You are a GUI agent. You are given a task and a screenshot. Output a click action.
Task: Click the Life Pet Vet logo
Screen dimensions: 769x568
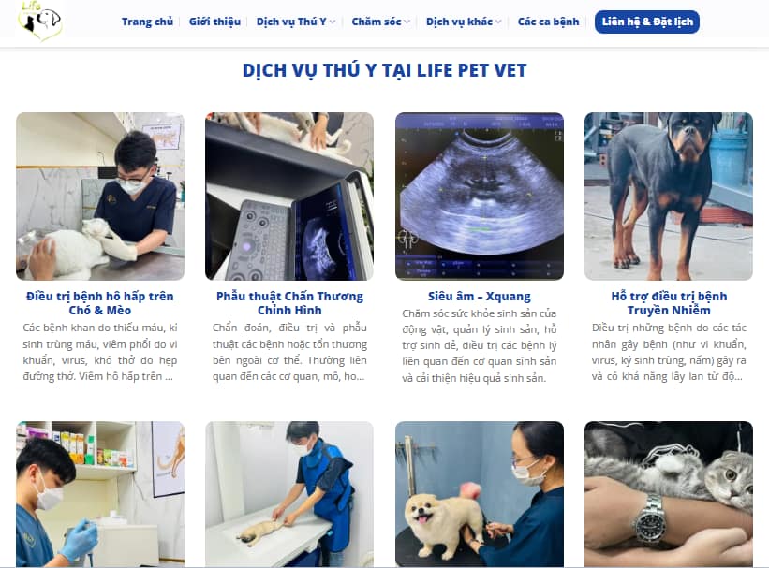(39, 20)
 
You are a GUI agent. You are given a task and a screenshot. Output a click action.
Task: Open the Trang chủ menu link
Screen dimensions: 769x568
(147, 22)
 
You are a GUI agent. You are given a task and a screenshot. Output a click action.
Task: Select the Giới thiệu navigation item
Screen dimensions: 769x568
(214, 22)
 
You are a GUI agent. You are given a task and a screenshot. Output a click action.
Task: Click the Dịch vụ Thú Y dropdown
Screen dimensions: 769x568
(296, 22)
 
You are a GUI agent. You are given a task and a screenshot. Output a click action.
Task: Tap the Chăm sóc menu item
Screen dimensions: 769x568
(380, 22)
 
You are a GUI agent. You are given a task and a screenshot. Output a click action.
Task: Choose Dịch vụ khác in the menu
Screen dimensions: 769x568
(464, 22)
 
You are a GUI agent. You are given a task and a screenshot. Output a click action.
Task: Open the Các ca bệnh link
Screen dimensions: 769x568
(548, 22)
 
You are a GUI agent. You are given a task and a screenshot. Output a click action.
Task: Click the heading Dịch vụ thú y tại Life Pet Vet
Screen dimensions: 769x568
(384, 70)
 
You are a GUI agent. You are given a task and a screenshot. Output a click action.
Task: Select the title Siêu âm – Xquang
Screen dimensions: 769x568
(480, 296)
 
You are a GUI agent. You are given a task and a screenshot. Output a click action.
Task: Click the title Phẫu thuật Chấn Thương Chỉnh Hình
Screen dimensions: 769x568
(289, 303)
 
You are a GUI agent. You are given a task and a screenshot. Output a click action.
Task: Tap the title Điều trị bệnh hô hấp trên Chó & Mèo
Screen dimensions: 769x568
(100, 303)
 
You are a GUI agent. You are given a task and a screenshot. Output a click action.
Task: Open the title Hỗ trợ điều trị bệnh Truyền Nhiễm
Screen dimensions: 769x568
(669, 303)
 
